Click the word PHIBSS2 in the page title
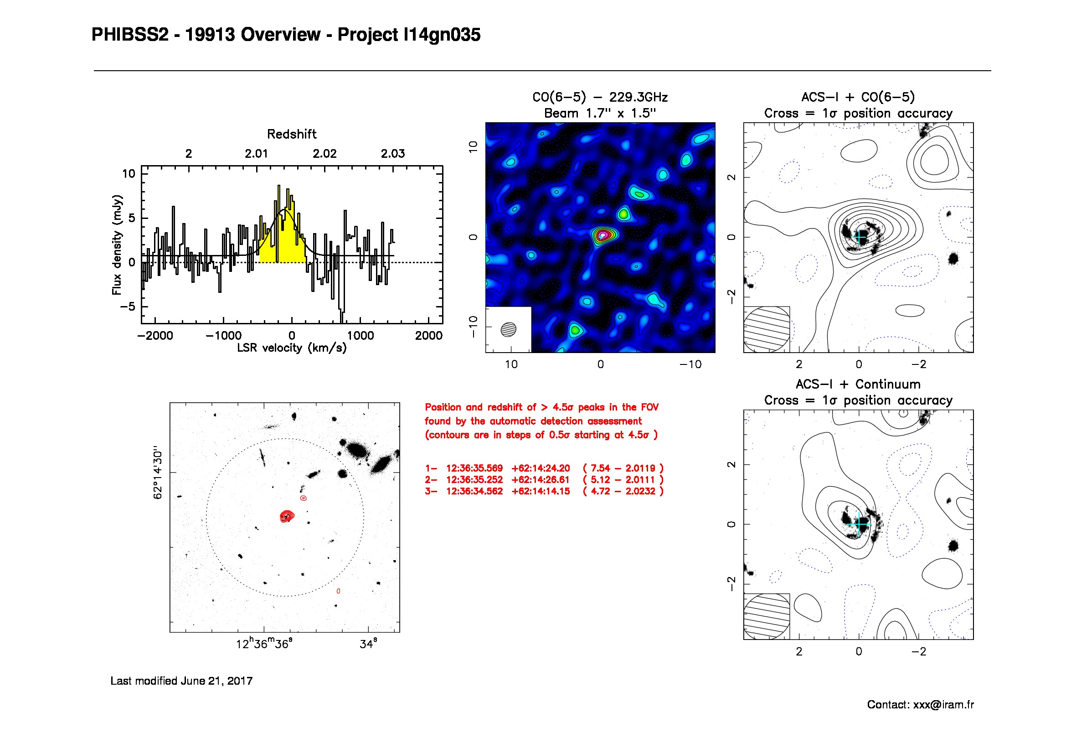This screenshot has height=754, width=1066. [130, 35]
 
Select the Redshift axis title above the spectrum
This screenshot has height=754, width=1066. [292, 134]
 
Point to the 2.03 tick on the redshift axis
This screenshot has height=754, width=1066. [393, 154]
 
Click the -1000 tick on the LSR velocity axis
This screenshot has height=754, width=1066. [223, 335]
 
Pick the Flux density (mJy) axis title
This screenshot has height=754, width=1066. [117, 245]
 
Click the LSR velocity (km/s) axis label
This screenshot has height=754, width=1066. [292, 348]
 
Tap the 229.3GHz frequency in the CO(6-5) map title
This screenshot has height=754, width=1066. [639, 97]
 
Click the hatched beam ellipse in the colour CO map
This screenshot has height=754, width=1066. [509, 329]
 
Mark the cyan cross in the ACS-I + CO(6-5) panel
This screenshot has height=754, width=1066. [860, 237]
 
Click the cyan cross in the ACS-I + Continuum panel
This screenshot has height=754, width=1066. [860, 524]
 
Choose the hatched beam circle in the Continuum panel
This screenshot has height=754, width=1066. [767, 617]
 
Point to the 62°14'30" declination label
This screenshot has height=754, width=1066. [158, 474]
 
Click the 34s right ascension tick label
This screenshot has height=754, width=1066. [368, 644]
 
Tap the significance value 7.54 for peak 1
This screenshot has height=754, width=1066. [600, 468]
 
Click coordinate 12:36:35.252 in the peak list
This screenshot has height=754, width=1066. [474, 479]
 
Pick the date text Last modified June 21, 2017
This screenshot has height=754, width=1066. [181, 681]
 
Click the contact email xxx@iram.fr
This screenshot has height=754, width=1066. [943, 705]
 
